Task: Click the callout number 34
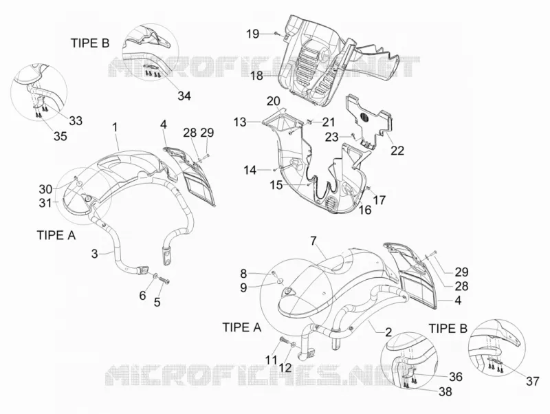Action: click(x=184, y=95)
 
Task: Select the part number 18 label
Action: click(x=256, y=76)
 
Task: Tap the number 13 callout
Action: click(x=240, y=122)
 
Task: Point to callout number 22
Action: click(x=397, y=150)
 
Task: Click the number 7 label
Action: click(x=313, y=240)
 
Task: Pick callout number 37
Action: click(x=532, y=381)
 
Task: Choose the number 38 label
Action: click(x=445, y=391)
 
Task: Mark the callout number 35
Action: click(x=60, y=136)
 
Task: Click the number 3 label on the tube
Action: click(x=94, y=253)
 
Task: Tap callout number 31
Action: click(x=45, y=203)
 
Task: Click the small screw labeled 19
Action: click(x=276, y=33)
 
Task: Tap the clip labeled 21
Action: click(x=310, y=122)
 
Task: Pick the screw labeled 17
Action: click(x=368, y=189)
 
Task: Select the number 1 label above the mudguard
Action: click(x=114, y=128)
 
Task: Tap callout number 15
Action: click(x=276, y=185)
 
